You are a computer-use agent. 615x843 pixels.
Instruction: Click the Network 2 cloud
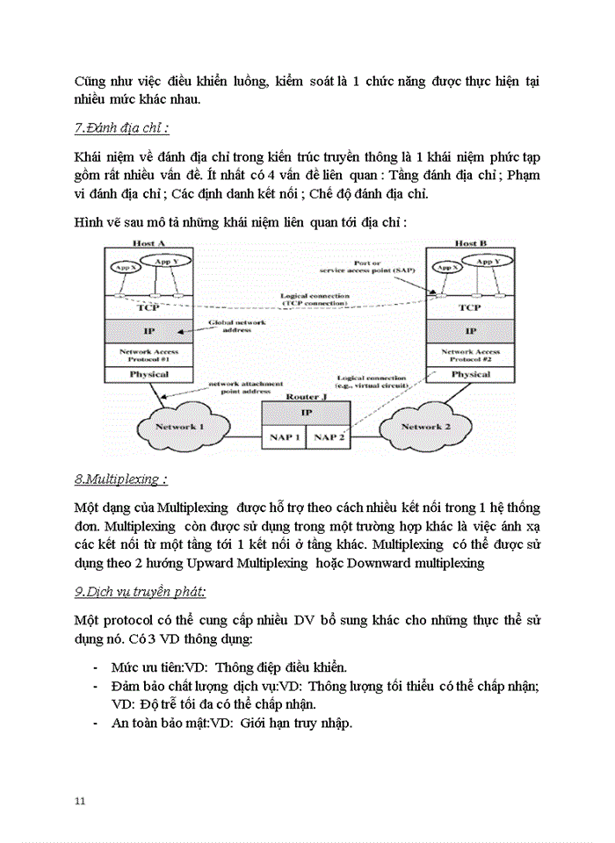pos(424,427)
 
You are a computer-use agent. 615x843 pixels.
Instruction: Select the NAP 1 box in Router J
pos(282,436)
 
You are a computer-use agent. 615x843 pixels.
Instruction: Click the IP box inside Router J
pos(306,412)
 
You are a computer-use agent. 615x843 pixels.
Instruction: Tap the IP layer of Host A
pos(148,331)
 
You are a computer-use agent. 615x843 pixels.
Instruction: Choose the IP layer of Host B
pos(471,331)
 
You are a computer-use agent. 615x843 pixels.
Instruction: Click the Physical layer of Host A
pos(148,374)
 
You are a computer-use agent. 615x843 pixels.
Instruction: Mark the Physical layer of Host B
pos(471,374)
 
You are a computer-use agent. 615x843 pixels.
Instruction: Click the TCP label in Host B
pos(471,307)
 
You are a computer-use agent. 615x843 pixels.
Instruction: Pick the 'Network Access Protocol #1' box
pos(148,355)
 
